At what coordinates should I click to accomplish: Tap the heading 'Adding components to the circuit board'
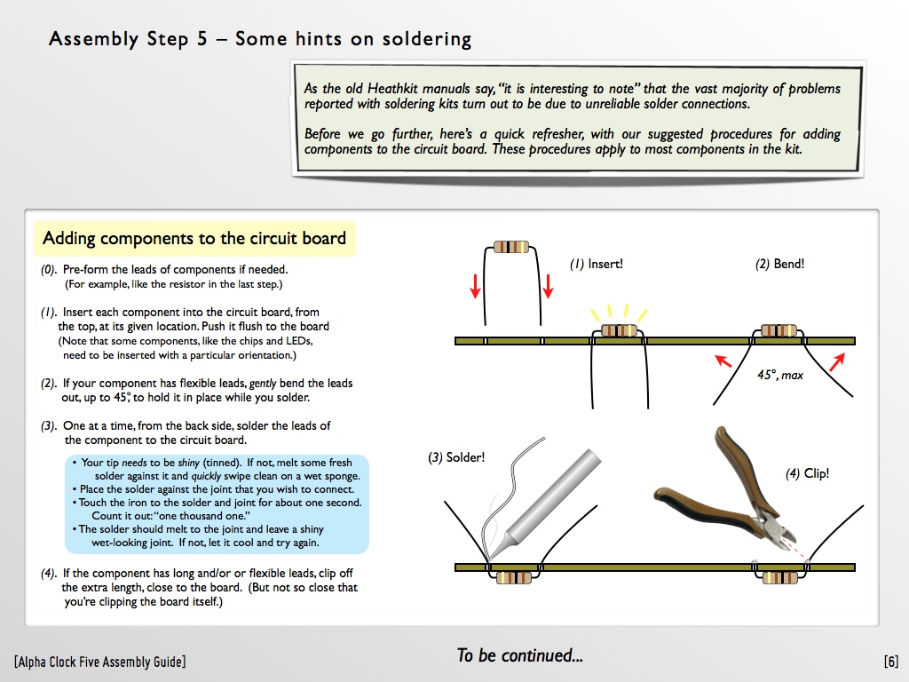click(194, 238)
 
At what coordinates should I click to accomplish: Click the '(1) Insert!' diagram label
click(597, 264)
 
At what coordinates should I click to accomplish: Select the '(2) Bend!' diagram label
click(779, 264)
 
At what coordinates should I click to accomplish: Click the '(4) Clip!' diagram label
click(807, 473)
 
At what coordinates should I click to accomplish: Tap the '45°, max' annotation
click(779, 375)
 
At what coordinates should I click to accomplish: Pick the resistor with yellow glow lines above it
click(619, 331)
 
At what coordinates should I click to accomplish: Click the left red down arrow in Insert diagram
click(475, 285)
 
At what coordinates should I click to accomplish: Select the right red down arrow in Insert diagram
click(549, 285)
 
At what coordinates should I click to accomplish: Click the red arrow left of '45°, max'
click(724, 361)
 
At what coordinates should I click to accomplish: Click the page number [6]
click(890, 662)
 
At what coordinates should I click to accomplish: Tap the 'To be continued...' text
click(519, 656)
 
